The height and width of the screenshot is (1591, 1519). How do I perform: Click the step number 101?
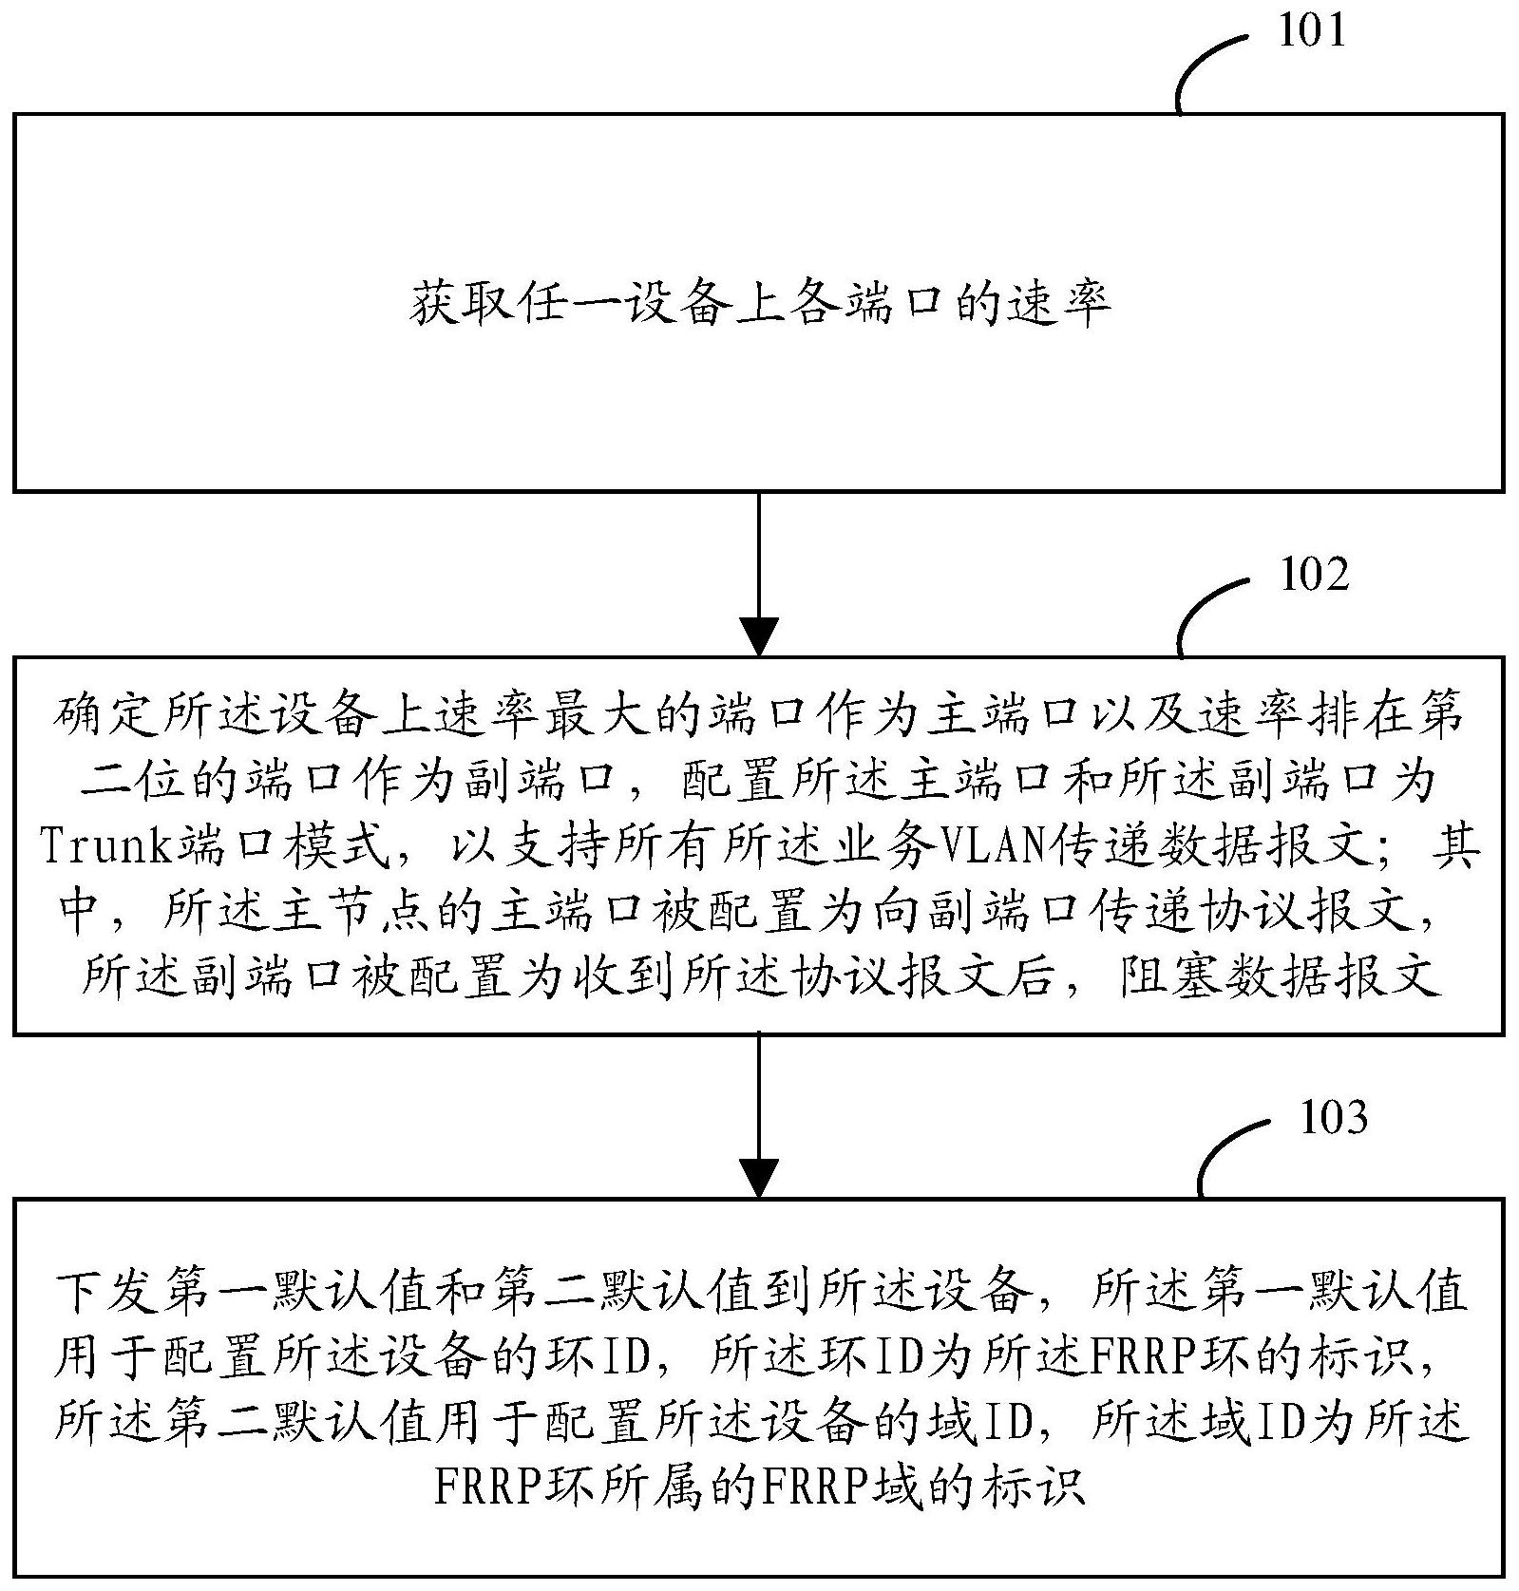coord(1312,31)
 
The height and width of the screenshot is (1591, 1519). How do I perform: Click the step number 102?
coord(1315,575)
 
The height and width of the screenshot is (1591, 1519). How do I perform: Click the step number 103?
coord(1334,1118)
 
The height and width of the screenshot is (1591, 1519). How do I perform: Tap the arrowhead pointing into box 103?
coord(759,1179)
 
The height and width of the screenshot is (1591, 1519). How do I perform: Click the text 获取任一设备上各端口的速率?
coord(760,304)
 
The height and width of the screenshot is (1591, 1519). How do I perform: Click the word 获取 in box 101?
coord(463,304)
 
